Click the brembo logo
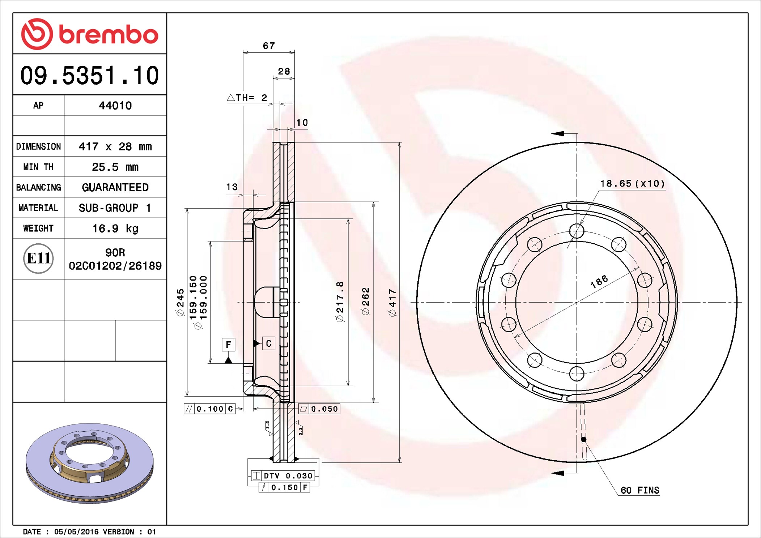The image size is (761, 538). click(x=90, y=34)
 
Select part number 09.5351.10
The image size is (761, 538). click(x=90, y=76)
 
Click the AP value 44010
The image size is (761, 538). click(x=115, y=106)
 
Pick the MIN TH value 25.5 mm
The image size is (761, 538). click(x=115, y=167)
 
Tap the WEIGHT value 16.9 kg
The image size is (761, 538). click(x=115, y=229)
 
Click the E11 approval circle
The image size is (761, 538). click(x=38, y=259)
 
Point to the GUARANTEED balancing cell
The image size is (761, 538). click(x=115, y=187)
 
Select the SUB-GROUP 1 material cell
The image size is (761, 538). click(x=115, y=208)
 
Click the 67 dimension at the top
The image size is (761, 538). click(x=269, y=46)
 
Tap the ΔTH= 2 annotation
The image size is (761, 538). click(x=247, y=98)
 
